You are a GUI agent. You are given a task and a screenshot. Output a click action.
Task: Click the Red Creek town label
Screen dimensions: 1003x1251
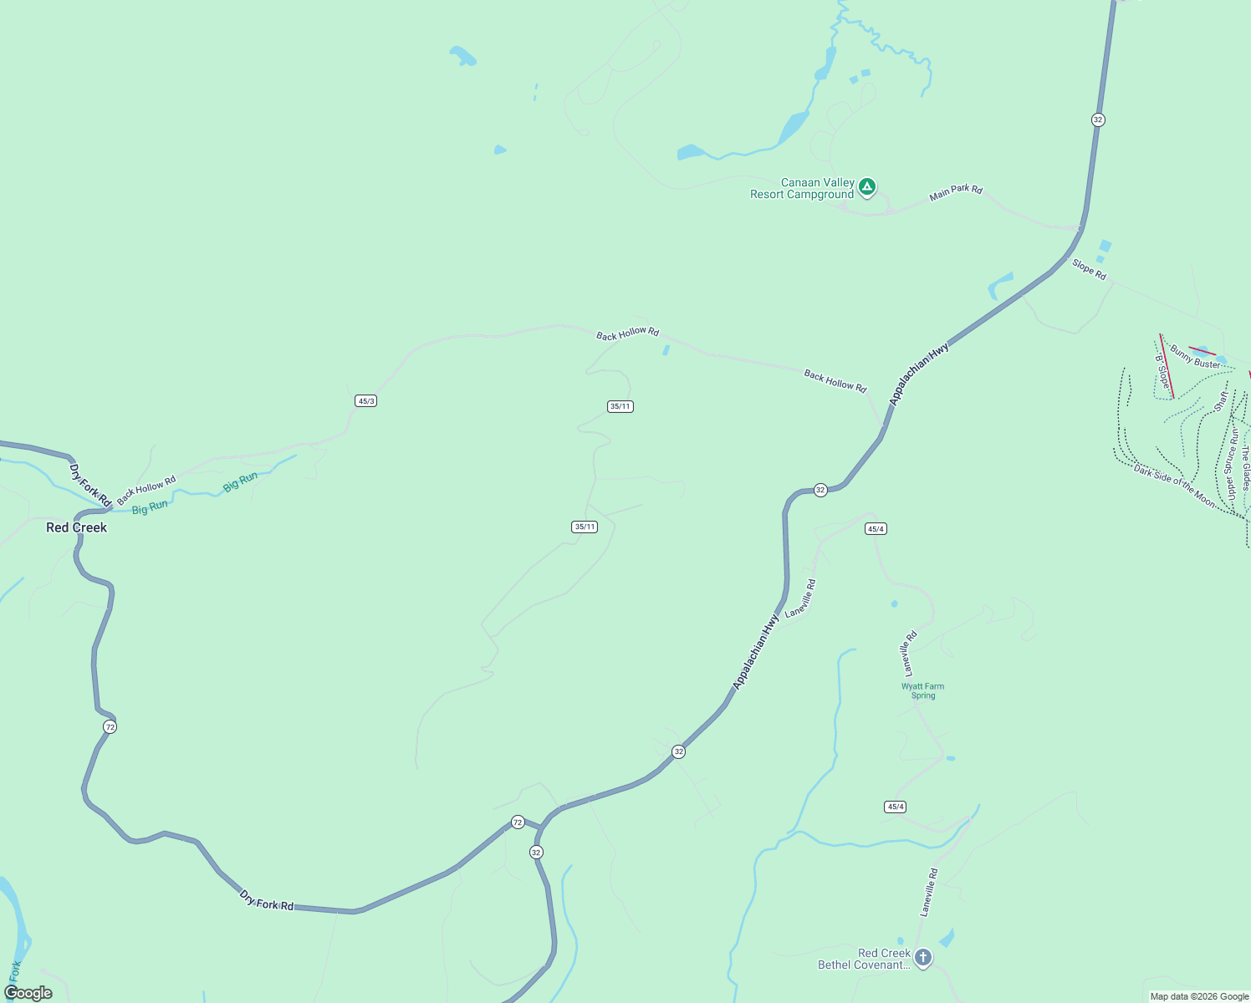[76, 527]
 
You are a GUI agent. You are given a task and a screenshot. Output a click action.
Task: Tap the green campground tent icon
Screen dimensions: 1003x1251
[867, 186]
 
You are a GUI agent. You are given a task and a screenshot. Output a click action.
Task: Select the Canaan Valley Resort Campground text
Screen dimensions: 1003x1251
[803, 189]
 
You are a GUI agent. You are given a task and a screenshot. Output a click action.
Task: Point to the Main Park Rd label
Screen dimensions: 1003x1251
[956, 192]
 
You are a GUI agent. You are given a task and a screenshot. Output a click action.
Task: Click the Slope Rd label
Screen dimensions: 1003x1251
[1089, 269]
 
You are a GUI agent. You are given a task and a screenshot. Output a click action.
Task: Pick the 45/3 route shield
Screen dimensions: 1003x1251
[365, 401]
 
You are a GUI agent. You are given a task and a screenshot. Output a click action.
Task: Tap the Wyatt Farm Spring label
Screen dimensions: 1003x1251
[922, 691]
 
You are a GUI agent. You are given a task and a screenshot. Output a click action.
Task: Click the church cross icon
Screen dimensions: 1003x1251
[922, 958]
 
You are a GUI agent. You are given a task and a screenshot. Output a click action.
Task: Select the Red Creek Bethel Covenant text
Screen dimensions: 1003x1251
[864, 960]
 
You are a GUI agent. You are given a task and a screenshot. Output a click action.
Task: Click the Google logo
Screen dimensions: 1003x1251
[28, 993]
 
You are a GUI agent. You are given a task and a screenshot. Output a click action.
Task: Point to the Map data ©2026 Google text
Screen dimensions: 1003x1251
[1199, 996]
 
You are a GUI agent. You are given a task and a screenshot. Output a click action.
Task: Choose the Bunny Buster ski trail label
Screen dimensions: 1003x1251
[1195, 358]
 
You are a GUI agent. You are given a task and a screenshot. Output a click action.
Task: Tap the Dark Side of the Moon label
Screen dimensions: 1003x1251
[1174, 486]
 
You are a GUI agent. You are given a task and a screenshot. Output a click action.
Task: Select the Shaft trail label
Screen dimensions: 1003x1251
[1222, 400]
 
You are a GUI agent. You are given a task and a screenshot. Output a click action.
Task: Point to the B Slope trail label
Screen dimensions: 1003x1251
[1162, 372]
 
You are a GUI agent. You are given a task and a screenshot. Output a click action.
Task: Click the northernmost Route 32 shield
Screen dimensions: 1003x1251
[1098, 120]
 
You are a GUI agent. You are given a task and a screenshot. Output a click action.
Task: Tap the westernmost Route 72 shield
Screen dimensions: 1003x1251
[110, 727]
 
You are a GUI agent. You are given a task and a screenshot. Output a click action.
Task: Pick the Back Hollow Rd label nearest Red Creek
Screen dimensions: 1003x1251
[146, 490]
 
